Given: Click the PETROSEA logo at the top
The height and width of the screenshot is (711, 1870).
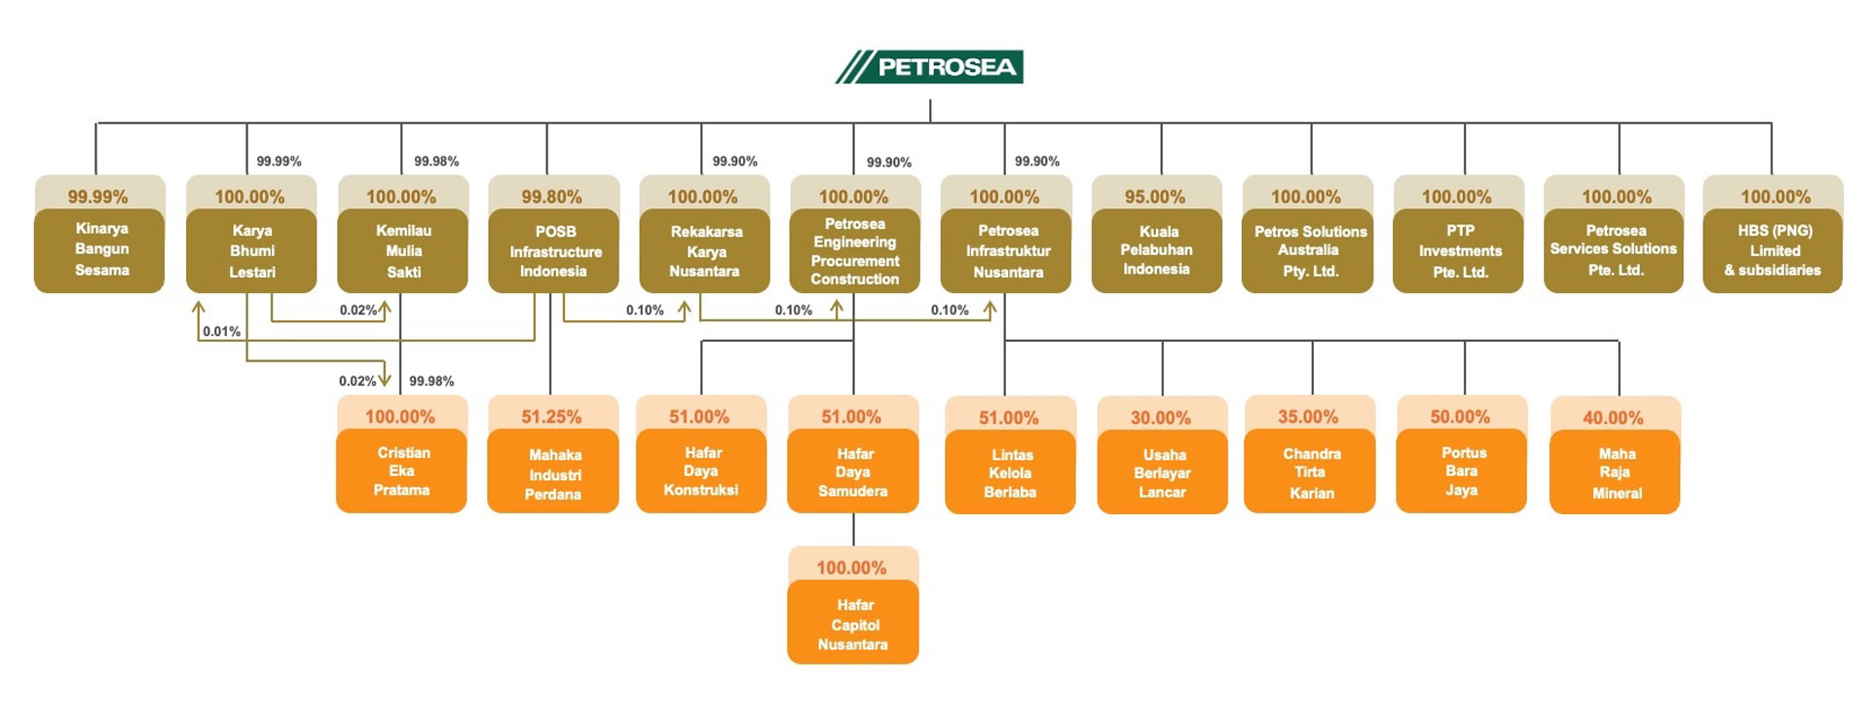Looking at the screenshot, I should (930, 66).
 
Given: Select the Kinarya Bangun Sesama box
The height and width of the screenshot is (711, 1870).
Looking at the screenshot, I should (99, 249).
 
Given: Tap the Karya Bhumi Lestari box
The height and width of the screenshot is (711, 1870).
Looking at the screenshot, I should (251, 250).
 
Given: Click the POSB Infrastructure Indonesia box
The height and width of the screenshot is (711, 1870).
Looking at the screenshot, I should (553, 250).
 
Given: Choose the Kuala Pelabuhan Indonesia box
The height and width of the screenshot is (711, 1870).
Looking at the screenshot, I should (1156, 250).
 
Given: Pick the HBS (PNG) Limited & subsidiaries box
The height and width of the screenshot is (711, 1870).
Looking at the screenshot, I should (1773, 250).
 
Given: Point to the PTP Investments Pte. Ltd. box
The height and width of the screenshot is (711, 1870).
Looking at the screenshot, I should (1458, 250).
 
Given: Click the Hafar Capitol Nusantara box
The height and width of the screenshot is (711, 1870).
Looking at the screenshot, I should (852, 623).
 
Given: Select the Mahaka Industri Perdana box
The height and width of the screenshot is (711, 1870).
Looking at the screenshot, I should (553, 473).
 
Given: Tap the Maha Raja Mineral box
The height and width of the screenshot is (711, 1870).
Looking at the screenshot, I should (1615, 473).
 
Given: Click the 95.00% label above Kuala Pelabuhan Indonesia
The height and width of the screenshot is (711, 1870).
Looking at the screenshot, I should (1155, 197).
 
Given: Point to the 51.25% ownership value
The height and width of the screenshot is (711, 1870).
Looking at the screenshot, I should (551, 417).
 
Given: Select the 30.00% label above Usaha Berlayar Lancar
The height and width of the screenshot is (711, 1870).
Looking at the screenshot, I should (1161, 418).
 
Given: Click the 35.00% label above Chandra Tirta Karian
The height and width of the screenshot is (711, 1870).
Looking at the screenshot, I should (1308, 417).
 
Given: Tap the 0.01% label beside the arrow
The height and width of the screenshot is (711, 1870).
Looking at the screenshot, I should (222, 332).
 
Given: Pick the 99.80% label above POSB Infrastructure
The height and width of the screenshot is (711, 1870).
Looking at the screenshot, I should (551, 197).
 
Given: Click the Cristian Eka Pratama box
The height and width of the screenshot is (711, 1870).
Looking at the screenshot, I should (401, 471).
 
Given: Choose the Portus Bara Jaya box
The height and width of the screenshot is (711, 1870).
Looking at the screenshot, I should (1461, 471).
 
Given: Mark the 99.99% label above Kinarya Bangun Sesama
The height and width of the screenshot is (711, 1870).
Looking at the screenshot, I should (97, 197).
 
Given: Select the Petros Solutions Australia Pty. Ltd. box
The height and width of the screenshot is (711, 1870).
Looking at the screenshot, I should (1308, 250).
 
